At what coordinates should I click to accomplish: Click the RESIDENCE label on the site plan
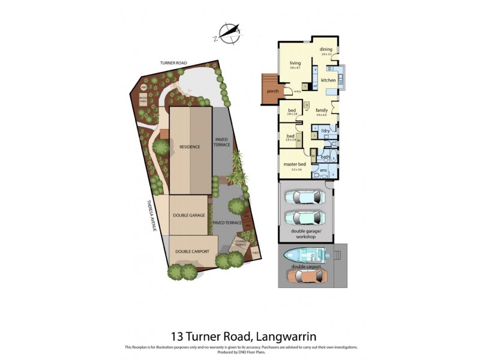(190, 146)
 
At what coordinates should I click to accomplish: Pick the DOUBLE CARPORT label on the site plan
(191, 251)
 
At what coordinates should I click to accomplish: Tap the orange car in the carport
(307, 276)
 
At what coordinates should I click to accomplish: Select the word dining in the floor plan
(326, 49)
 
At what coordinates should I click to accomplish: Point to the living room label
(295, 63)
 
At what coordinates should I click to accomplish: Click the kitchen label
(328, 80)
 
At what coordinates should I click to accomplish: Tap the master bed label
(295, 164)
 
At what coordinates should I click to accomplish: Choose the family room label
(322, 110)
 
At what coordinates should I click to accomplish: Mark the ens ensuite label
(323, 170)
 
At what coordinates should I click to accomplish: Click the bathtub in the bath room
(331, 157)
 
